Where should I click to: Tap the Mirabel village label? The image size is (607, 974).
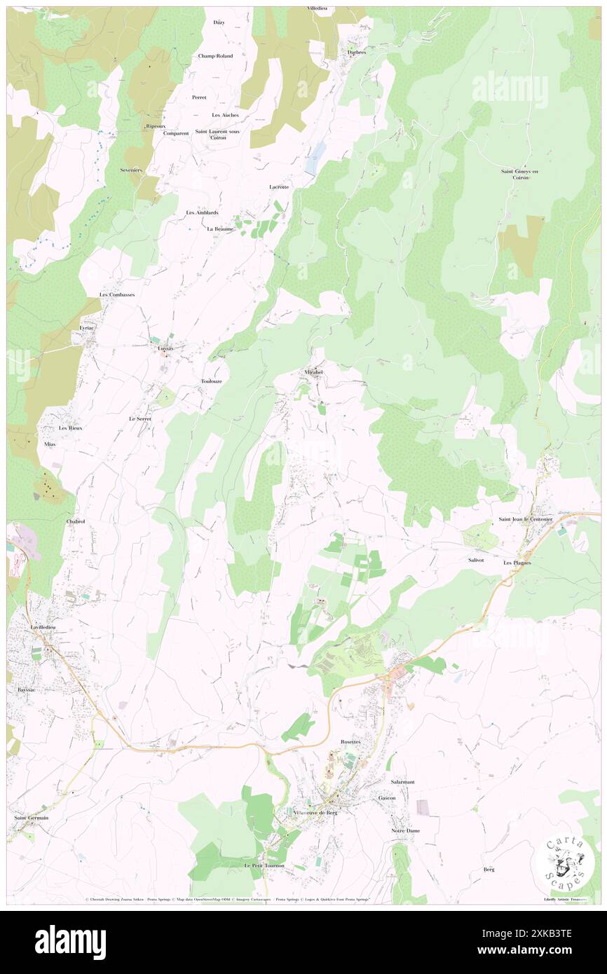pyautogui.click(x=313, y=372)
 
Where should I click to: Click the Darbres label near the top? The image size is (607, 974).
pyautogui.click(x=356, y=53)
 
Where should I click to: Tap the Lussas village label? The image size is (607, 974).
pyautogui.click(x=165, y=348)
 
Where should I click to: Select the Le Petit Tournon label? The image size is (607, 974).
pyautogui.click(x=264, y=865)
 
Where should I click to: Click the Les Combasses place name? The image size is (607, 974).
pyautogui.click(x=117, y=295)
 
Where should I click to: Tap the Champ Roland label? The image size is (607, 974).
pyautogui.click(x=215, y=56)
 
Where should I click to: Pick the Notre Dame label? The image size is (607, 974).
pyautogui.click(x=404, y=831)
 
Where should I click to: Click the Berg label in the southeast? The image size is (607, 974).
pyautogui.click(x=489, y=870)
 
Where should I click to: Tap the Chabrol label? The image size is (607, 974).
pyautogui.click(x=75, y=522)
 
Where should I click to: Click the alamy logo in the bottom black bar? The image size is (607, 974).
pyautogui.click(x=70, y=942)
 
